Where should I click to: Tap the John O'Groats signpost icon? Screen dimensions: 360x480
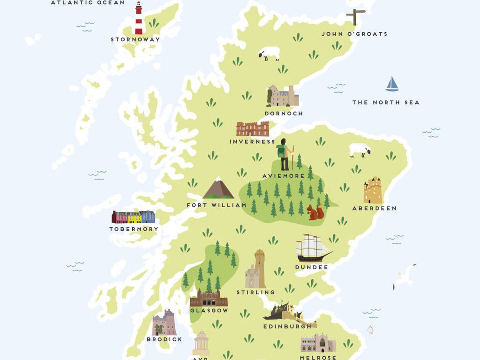click(355, 17)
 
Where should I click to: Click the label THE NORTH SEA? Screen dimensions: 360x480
click(386, 102)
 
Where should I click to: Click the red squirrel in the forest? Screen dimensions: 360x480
click(315, 212)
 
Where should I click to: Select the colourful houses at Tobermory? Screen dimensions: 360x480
click(133, 217)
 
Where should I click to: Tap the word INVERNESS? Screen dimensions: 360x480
click(252, 141)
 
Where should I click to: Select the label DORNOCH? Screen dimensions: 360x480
click(284, 114)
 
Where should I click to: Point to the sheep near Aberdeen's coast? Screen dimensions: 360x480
click(360, 150)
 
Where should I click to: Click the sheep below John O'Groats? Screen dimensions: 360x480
click(269, 53)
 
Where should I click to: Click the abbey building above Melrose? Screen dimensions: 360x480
click(318, 343)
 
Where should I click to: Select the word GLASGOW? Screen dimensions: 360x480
click(209, 310)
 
